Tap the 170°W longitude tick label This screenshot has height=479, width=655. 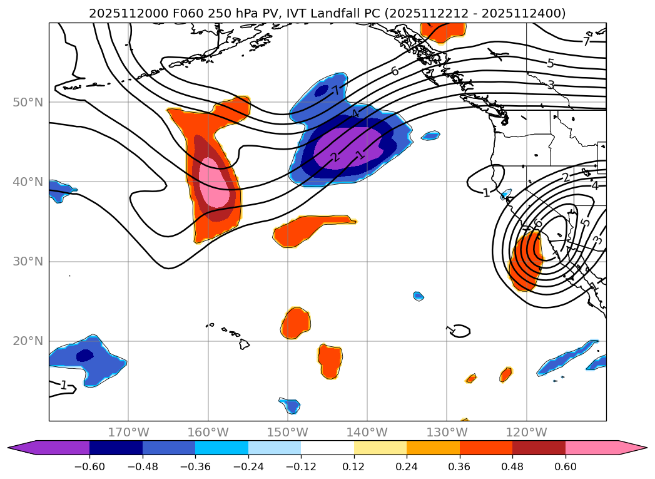(128, 432)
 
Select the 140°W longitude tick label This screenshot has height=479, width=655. (367, 432)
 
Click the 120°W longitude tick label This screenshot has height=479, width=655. (526, 432)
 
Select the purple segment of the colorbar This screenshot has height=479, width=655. (56, 447)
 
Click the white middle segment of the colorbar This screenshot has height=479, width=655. (327, 447)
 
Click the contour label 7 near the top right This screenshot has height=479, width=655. (586, 42)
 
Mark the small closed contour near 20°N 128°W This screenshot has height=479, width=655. (460, 331)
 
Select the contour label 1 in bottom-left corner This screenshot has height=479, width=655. (63, 385)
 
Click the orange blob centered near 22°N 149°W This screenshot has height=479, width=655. (295, 323)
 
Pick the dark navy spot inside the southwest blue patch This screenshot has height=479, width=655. (84, 355)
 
